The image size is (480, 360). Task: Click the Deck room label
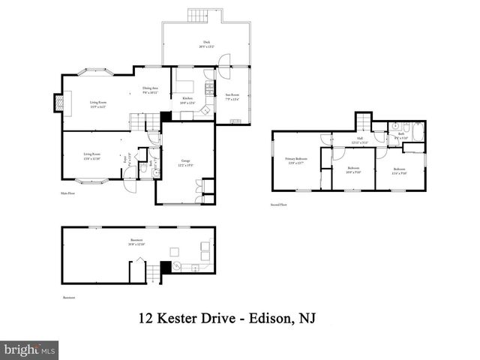point(202,44)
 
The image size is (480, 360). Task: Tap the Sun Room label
point(232,97)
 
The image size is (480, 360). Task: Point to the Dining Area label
point(151,90)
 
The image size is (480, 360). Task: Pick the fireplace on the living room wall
point(56,101)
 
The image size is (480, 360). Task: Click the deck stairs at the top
point(197,15)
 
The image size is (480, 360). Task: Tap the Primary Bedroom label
point(295,160)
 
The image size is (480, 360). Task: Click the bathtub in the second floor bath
point(417,128)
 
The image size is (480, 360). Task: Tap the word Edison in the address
point(270,319)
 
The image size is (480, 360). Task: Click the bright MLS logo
point(29,349)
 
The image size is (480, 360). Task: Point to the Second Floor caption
point(280,205)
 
